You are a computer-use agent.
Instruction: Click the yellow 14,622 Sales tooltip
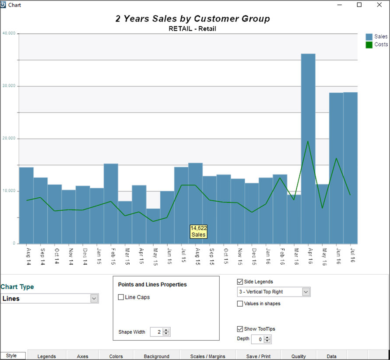point(198,231)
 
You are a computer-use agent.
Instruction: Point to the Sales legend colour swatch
point(369,37)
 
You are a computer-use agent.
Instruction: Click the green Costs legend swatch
point(369,45)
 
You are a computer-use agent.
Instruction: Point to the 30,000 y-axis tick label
point(9,86)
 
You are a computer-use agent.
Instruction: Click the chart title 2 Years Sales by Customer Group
point(193,19)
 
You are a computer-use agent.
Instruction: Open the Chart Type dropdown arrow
point(94,298)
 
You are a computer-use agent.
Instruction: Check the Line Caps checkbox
point(121,297)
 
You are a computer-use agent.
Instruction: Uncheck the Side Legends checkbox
point(239,282)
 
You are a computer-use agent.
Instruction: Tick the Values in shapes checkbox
point(239,304)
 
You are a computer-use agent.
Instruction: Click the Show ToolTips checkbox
point(239,329)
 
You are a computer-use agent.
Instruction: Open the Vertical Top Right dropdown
point(306,292)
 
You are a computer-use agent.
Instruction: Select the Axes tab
point(82,356)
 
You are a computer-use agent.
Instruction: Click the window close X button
point(379,5)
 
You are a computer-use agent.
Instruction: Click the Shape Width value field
point(156,332)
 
